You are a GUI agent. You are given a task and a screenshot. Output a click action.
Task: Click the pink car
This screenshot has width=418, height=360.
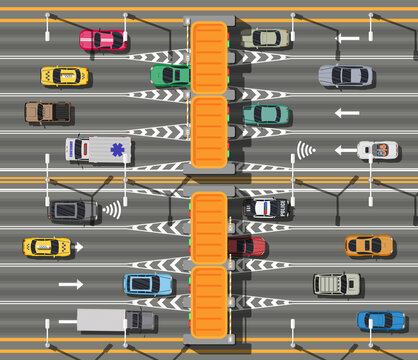point(102,40)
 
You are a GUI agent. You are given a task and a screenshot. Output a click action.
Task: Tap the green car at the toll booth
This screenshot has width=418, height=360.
point(170,75)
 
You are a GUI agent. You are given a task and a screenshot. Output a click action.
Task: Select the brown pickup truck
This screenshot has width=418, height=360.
point(47,112)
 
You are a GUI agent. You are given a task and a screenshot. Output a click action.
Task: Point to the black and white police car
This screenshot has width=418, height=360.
point(267,209)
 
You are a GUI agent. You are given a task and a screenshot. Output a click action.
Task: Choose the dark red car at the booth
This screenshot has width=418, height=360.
point(246,246)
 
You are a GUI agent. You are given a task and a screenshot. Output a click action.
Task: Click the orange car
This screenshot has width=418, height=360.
point(369,246)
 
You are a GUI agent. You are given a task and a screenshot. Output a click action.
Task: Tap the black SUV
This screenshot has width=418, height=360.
point(72,211)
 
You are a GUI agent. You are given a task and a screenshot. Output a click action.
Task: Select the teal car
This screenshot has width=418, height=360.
point(266,114)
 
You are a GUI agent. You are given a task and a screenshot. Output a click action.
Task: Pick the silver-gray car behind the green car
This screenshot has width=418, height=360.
point(345,76)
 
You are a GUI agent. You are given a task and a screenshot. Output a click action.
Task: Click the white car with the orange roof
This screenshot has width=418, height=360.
point(378,151)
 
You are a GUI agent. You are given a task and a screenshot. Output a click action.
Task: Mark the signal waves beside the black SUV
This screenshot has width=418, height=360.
point(112,210)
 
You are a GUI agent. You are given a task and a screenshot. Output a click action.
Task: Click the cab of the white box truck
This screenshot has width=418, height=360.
point(139,321)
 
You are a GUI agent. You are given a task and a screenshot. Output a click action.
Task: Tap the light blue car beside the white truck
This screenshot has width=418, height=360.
point(148,284)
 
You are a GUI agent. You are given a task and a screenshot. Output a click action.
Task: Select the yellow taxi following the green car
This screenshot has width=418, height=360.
point(64,76)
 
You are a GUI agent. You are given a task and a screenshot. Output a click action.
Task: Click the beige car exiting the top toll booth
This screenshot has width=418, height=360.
point(265,39)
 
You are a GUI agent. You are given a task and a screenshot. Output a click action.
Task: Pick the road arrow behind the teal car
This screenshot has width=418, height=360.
point(346,113)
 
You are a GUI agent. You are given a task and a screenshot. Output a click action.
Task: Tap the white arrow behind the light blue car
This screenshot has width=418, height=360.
point(70,284)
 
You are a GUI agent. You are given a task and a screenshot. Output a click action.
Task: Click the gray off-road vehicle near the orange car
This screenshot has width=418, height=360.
point(336,284)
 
